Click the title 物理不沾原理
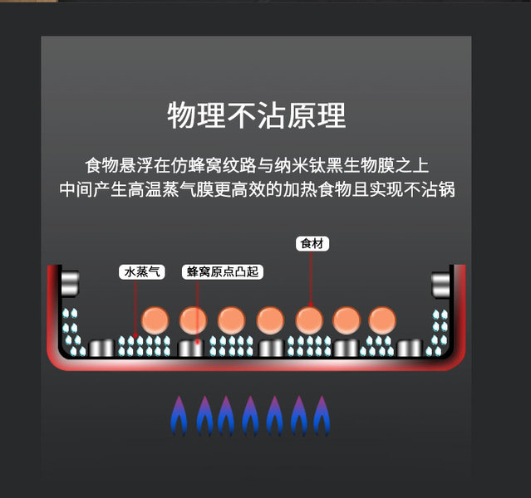click(256, 115)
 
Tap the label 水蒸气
click(142, 271)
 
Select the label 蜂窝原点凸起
click(220, 271)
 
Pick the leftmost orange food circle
click(155, 319)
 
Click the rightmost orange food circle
click(382, 319)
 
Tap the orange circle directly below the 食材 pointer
click(308, 319)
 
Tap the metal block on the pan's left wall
click(69, 283)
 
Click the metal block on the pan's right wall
click(441, 283)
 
